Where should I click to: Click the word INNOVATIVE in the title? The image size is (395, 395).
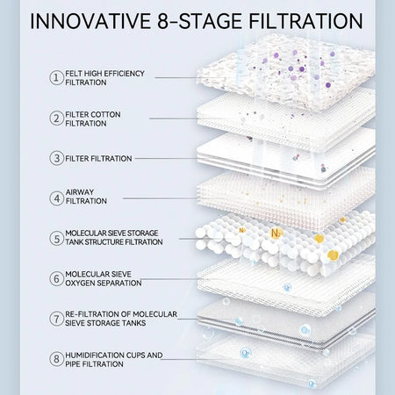click(x=90, y=21)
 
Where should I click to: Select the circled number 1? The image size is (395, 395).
click(x=56, y=77)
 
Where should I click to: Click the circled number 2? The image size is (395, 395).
click(x=56, y=118)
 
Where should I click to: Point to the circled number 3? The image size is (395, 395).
click(x=56, y=158)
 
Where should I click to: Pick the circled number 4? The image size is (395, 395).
click(x=56, y=198)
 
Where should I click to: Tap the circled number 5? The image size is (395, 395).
click(x=56, y=238)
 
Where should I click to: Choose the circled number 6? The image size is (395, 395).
click(x=56, y=278)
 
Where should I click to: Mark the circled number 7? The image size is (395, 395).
click(x=56, y=319)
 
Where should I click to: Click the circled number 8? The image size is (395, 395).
click(x=56, y=359)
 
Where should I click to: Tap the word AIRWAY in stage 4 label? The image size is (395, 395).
click(x=80, y=192)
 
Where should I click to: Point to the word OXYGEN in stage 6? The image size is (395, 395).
click(x=80, y=283)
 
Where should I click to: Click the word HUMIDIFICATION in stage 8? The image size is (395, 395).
click(x=95, y=355)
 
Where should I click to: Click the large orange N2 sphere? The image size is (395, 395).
click(x=276, y=233)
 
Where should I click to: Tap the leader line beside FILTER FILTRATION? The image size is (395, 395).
click(x=166, y=158)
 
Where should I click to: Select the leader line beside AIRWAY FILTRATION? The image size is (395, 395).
click(x=160, y=198)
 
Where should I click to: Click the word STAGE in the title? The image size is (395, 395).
click(x=210, y=21)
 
